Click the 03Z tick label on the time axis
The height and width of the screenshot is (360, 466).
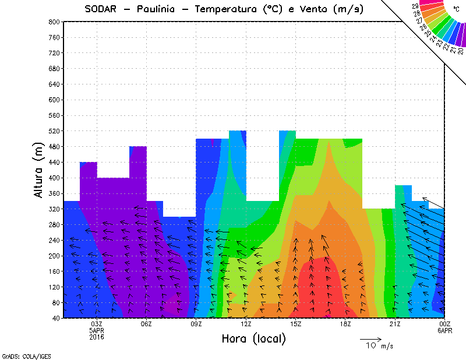(x=97, y=324)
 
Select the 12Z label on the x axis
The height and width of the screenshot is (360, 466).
(x=246, y=324)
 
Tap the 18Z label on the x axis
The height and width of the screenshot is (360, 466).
(x=345, y=324)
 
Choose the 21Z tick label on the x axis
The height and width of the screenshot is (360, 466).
(x=395, y=324)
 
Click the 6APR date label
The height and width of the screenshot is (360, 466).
(x=444, y=330)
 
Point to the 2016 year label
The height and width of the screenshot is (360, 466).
(x=97, y=337)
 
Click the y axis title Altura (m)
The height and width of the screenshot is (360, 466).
(x=39, y=170)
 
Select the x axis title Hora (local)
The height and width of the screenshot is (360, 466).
(x=254, y=339)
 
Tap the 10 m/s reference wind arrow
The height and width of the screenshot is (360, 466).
(x=370, y=338)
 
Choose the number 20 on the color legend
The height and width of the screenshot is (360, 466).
(x=461, y=51)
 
